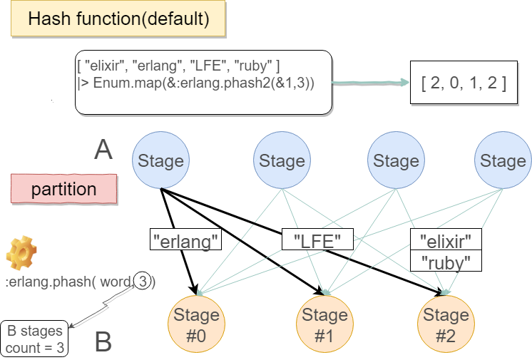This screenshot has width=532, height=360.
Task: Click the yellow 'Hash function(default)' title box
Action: [118, 19]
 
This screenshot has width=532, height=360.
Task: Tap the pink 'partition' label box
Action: [63, 190]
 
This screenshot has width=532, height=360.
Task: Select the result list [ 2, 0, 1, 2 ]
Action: [464, 83]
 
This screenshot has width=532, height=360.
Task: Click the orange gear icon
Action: [21, 253]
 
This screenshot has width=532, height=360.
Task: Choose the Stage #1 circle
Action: [324, 326]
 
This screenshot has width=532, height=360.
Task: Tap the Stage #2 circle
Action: [445, 326]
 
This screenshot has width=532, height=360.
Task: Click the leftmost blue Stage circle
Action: [160, 161]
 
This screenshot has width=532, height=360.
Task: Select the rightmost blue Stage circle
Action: [503, 161]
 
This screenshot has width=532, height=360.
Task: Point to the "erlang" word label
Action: [185, 242]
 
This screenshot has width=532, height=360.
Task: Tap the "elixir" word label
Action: [446, 240]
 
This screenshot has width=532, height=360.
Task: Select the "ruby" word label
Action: [446, 262]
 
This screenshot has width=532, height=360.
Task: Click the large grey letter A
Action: [103, 150]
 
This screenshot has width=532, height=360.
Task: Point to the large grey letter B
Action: [103, 343]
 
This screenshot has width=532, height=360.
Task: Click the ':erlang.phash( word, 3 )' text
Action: [80, 282]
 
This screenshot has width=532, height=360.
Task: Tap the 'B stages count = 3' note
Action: [35, 340]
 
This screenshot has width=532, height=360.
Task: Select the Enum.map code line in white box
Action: [196, 83]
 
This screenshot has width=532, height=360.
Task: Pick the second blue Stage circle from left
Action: [282, 161]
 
